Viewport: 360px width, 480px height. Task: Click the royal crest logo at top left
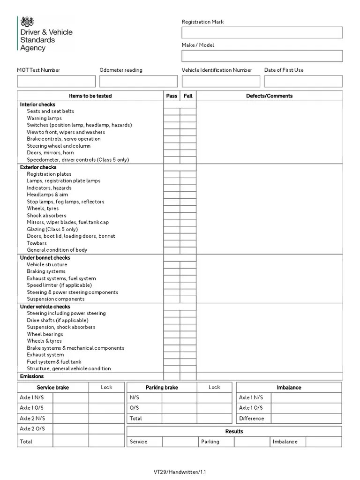tap(28, 21)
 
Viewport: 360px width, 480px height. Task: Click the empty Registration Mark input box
tap(262, 32)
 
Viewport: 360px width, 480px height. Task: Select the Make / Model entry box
tap(262, 56)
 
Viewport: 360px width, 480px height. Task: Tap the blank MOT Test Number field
tap(56, 81)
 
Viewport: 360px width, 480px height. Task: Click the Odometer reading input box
tap(138, 81)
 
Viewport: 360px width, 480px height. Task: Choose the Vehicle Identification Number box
tap(221, 81)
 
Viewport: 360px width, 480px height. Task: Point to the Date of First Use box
tap(303, 81)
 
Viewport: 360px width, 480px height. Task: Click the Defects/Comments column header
tap(269, 96)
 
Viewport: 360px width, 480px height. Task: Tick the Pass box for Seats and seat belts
tap(172, 112)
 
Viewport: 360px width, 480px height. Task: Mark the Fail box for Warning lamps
tap(188, 119)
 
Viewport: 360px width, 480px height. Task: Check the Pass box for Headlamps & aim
tap(172, 195)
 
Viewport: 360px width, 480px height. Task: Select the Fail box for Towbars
tap(188, 243)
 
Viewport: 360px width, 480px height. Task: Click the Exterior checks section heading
tap(38, 167)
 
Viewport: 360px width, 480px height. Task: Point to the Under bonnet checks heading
tap(45, 258)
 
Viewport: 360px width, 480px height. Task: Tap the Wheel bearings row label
tap(45, 334)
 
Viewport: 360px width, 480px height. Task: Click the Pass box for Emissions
tap(172, 376)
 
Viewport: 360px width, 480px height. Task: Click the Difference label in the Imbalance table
tap(252, 419)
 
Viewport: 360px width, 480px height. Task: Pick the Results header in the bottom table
tap(234, 431)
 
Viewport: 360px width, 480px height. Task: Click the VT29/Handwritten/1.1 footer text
tap(180, 472)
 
